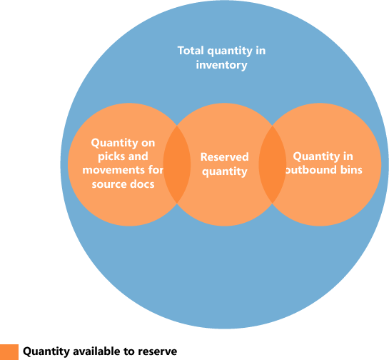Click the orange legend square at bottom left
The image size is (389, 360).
[x=9, y=351]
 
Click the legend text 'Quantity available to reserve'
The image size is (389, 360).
[x=100, y=351]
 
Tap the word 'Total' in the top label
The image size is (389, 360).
[x=190, y=51]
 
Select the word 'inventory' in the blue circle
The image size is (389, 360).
[x=222, y=65]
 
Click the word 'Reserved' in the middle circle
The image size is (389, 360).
[x=224, y=157]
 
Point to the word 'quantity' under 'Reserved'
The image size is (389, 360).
[x=224, y=171]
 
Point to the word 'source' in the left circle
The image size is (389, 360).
[x=108, y=184]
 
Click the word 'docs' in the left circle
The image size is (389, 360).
[x=138, y=184]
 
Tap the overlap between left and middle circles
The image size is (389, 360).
[x=177, y=164]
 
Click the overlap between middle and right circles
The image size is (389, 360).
[x=272, y=164]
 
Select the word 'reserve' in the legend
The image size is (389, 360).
[x=158, y=351]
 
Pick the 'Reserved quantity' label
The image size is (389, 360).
[x=224, y=164]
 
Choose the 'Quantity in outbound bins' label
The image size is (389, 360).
[x=323, y=164]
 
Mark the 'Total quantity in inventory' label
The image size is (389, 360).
[x=222, y=58]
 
